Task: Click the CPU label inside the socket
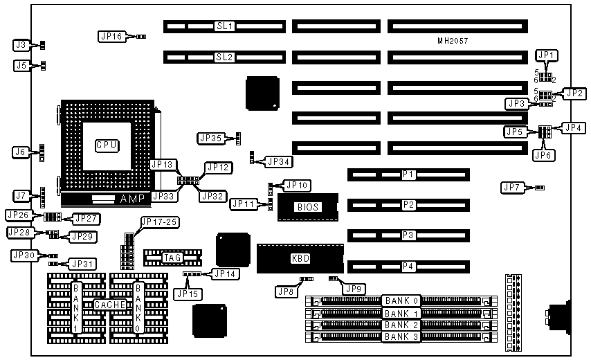(107, 145)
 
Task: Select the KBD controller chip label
(300, 258)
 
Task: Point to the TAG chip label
(172, 258)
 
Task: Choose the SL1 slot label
(224, 26)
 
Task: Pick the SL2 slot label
(224, 57)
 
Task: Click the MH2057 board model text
(453, 42)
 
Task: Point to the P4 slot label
(408, 266)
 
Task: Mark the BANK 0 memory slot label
(401, 301)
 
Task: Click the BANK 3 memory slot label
(401, 336)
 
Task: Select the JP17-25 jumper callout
(158, 222)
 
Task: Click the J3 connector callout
(21, 45)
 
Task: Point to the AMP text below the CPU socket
(134, 199)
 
